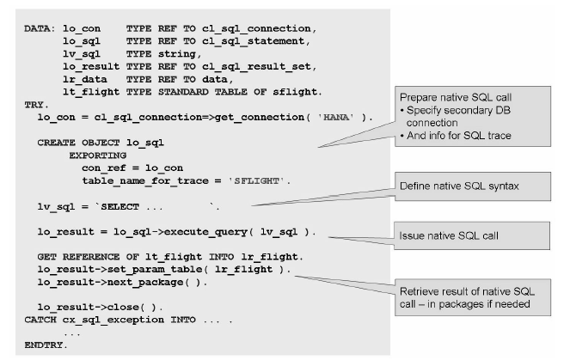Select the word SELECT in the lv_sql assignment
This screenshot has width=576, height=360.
(x=118, y=206)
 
